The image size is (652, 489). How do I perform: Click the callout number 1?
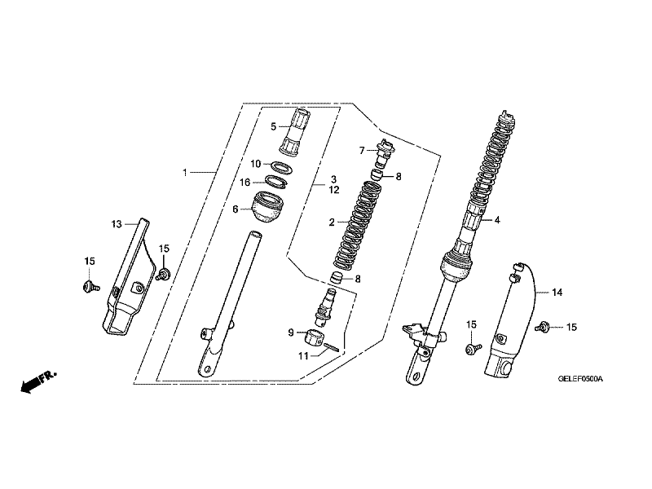coord(185,173)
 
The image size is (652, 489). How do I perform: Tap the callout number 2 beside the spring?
coord(333,222)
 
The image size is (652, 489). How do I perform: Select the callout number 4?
coord(496,219)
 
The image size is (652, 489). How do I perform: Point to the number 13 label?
coord(116,222)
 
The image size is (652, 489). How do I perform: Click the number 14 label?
coord(557,292)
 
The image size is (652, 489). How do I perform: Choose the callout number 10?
coord(255,164)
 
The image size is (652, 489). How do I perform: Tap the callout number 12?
coord(334,189)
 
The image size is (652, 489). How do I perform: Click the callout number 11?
coord(302,355)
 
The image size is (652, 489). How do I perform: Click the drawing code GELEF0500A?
coord(579,379)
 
